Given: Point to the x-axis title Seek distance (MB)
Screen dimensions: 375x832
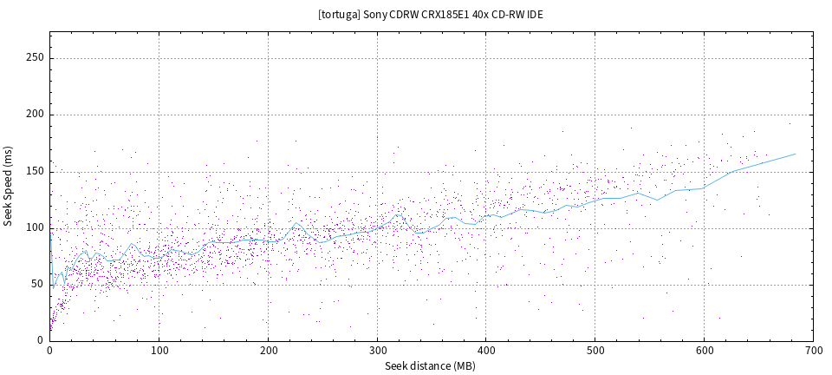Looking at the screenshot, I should (432, 366).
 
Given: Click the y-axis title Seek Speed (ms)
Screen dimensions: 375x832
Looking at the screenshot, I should (8, 186).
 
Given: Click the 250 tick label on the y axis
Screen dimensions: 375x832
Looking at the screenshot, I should (36, 58).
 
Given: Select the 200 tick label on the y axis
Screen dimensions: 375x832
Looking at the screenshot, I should (36, 115).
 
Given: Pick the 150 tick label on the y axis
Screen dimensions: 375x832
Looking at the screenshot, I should (36, 171).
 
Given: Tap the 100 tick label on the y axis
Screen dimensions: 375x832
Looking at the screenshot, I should (36, 227).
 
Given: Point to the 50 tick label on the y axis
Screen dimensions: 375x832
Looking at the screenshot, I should (38, 284).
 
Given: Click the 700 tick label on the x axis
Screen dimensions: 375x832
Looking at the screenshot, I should (813, 351).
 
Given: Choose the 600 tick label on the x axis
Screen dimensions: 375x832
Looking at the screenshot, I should (704, 351).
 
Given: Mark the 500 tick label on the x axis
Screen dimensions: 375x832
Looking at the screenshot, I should (595, 351).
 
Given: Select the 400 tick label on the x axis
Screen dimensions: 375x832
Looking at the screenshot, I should (485, 351).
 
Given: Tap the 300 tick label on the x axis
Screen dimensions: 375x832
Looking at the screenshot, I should (377, 351).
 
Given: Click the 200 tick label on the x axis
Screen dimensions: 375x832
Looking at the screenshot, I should (268, 351).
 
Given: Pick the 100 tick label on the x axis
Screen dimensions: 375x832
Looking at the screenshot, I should (159, 351).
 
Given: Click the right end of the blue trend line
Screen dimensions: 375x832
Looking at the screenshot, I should (796, 154).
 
